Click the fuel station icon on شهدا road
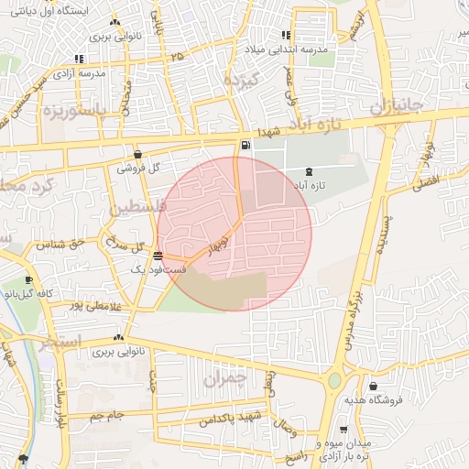click(245, 146)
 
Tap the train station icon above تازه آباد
click(307, 170)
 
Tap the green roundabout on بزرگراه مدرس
click(334, 379)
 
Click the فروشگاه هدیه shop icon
click(373, 387)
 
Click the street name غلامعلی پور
click(82, 304)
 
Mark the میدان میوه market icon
click(344, 430)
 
